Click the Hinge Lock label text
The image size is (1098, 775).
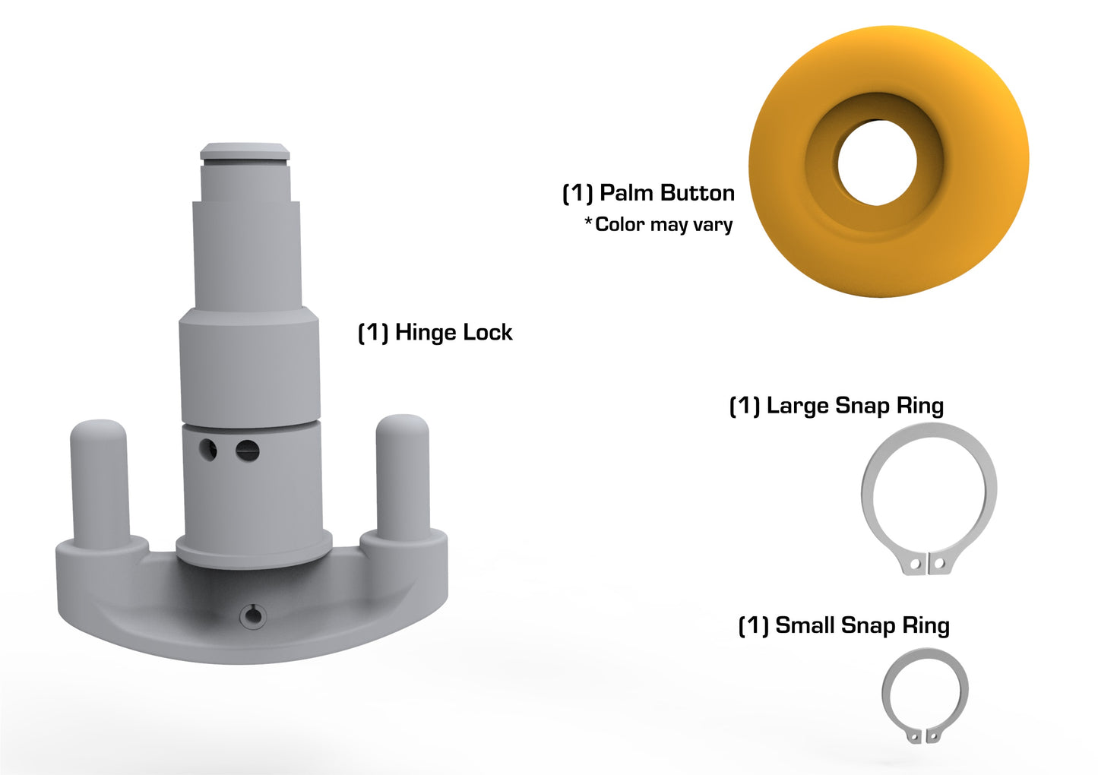[x=435, y=333]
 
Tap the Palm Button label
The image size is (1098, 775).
[x=648, y=193]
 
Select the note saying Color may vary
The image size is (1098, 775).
[x=659, y=224]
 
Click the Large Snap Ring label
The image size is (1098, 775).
[x=836, y=406]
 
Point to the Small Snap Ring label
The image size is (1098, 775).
[x=843, y=625]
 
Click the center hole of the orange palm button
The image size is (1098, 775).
[x=877, y=163]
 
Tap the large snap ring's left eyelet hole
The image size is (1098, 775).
[x=916, y=565]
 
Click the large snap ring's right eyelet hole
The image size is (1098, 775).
[x=939, y=563]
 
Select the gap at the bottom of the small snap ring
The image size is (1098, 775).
[x=924, y=736]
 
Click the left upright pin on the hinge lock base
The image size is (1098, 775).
[x=99, y=479]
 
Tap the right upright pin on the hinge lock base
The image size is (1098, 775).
[x=403, y=475]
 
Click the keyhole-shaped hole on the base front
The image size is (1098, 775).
[x=253, y=616]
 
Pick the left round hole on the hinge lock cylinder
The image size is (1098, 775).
[x=207, y=449]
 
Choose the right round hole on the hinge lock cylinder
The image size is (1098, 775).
[x=247, y=451]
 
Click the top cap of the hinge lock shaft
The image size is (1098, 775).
[x=245, y=151]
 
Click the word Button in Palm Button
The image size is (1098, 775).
[x=697, y=193]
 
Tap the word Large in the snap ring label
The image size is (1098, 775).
[x=797, y=406]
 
